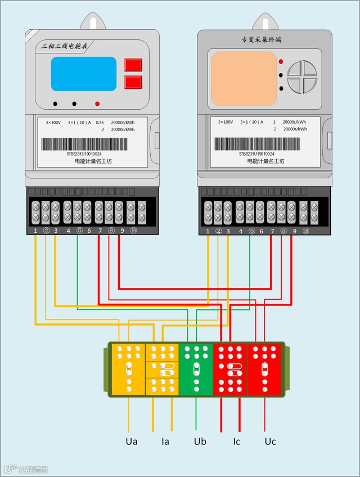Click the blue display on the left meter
(x=84, y=74)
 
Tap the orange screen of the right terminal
(x=244, y=79)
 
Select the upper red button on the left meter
(x=133, y=65)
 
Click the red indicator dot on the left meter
(x=97, y=104)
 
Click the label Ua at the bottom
(x=132, y=442)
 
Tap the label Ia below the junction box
(x=165, y=442)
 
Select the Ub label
(x=200, y=442)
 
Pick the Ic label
(x=236, y=442)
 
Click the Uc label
(x=270, y=442)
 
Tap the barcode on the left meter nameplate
(x=84, y=144)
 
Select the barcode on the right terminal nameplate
(x=257, y=144)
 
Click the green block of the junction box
(x=196, y=369)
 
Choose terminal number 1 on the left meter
(x=35, y=231)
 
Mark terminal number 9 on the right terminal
(x=294, y=231)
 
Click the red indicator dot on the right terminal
(x=281, y=61)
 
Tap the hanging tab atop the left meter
(x=90, y=22)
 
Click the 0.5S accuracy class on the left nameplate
(x=100, y=122)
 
